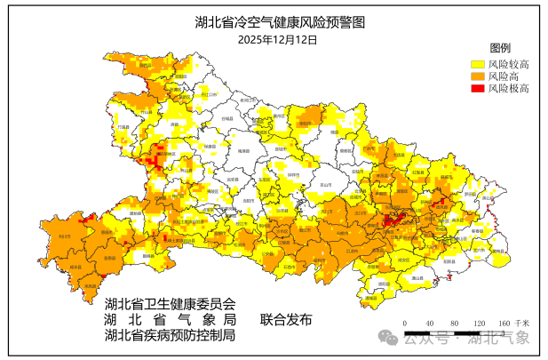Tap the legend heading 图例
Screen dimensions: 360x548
(x=500, y=47)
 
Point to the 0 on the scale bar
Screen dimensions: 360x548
(x=404, y=322)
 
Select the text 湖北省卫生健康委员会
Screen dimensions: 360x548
(x=170, y=304)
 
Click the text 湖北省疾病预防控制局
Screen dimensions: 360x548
(x=170, y=336)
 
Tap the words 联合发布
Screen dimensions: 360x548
(x=286, y=320)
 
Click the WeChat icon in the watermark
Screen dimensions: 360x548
(x=388, y=339)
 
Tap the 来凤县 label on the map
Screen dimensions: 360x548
(x=87, y=286)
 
